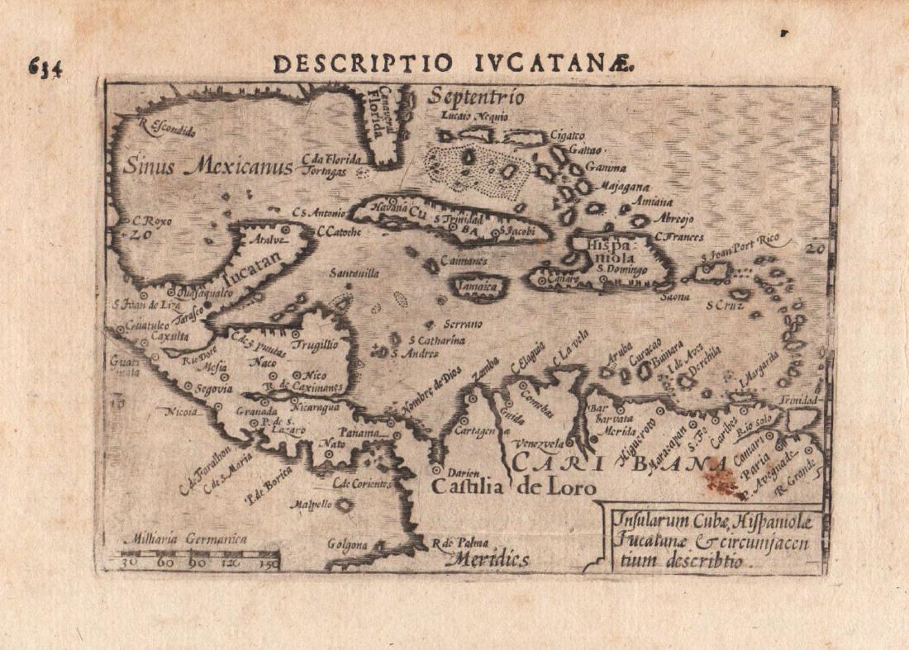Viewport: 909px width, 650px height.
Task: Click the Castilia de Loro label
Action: tap(512, 486)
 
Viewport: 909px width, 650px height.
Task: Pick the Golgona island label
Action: tap(347, 545)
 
